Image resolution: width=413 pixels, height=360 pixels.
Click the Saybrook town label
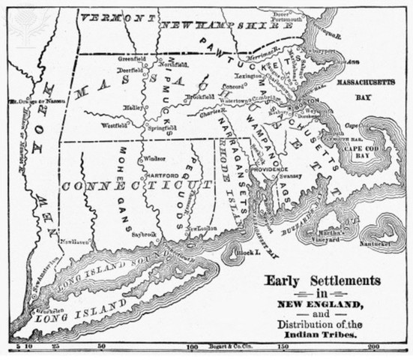[141, 234]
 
